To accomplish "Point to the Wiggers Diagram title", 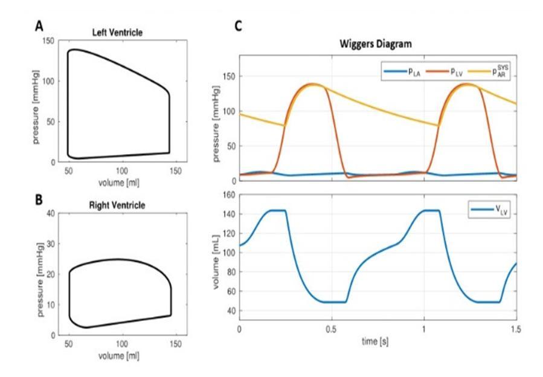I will coord(376,44).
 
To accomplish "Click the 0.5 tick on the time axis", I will coord(332,330).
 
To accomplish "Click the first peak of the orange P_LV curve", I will coord(312,84).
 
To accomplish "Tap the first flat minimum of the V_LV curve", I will coord(334,301).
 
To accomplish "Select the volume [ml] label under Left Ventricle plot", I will coord(120,182).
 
